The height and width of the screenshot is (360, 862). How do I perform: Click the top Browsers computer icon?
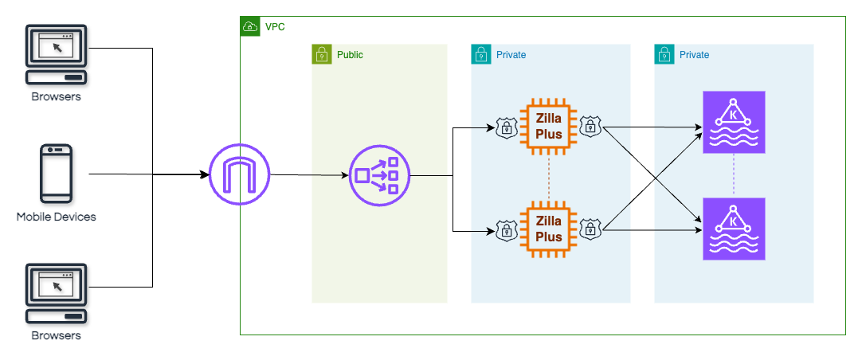(x=56, y=55)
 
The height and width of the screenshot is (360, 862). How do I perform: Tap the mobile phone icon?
(x=56, y=174)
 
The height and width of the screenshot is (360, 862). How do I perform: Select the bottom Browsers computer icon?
(x=56, y=294)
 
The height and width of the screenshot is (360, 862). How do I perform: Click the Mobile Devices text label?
(x=56, y=217)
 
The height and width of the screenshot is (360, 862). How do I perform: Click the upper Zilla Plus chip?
(x=548, y=126)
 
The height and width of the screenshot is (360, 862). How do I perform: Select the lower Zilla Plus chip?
(x=548, y=229)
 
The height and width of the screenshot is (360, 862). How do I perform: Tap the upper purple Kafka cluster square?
(x=734, y=122)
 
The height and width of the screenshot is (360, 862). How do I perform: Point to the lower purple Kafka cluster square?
(x=734, y=229)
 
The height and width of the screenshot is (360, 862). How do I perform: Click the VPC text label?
(x=275, y=27)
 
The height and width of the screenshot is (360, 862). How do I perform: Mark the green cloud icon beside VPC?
(x=250, y=27)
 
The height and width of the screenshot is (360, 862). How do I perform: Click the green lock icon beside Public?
(x=321, y=54)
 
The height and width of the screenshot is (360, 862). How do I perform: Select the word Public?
(x=350, y=55)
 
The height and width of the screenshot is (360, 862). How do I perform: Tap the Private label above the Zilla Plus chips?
(x=511, y=55)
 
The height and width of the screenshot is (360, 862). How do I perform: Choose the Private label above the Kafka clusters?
(x=694, y=55)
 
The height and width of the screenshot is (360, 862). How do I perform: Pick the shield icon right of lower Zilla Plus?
(x=590, y=230)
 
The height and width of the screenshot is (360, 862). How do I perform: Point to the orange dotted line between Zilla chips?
(x=548, y=178)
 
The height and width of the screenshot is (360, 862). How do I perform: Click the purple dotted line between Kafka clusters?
(x=734, y=175)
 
